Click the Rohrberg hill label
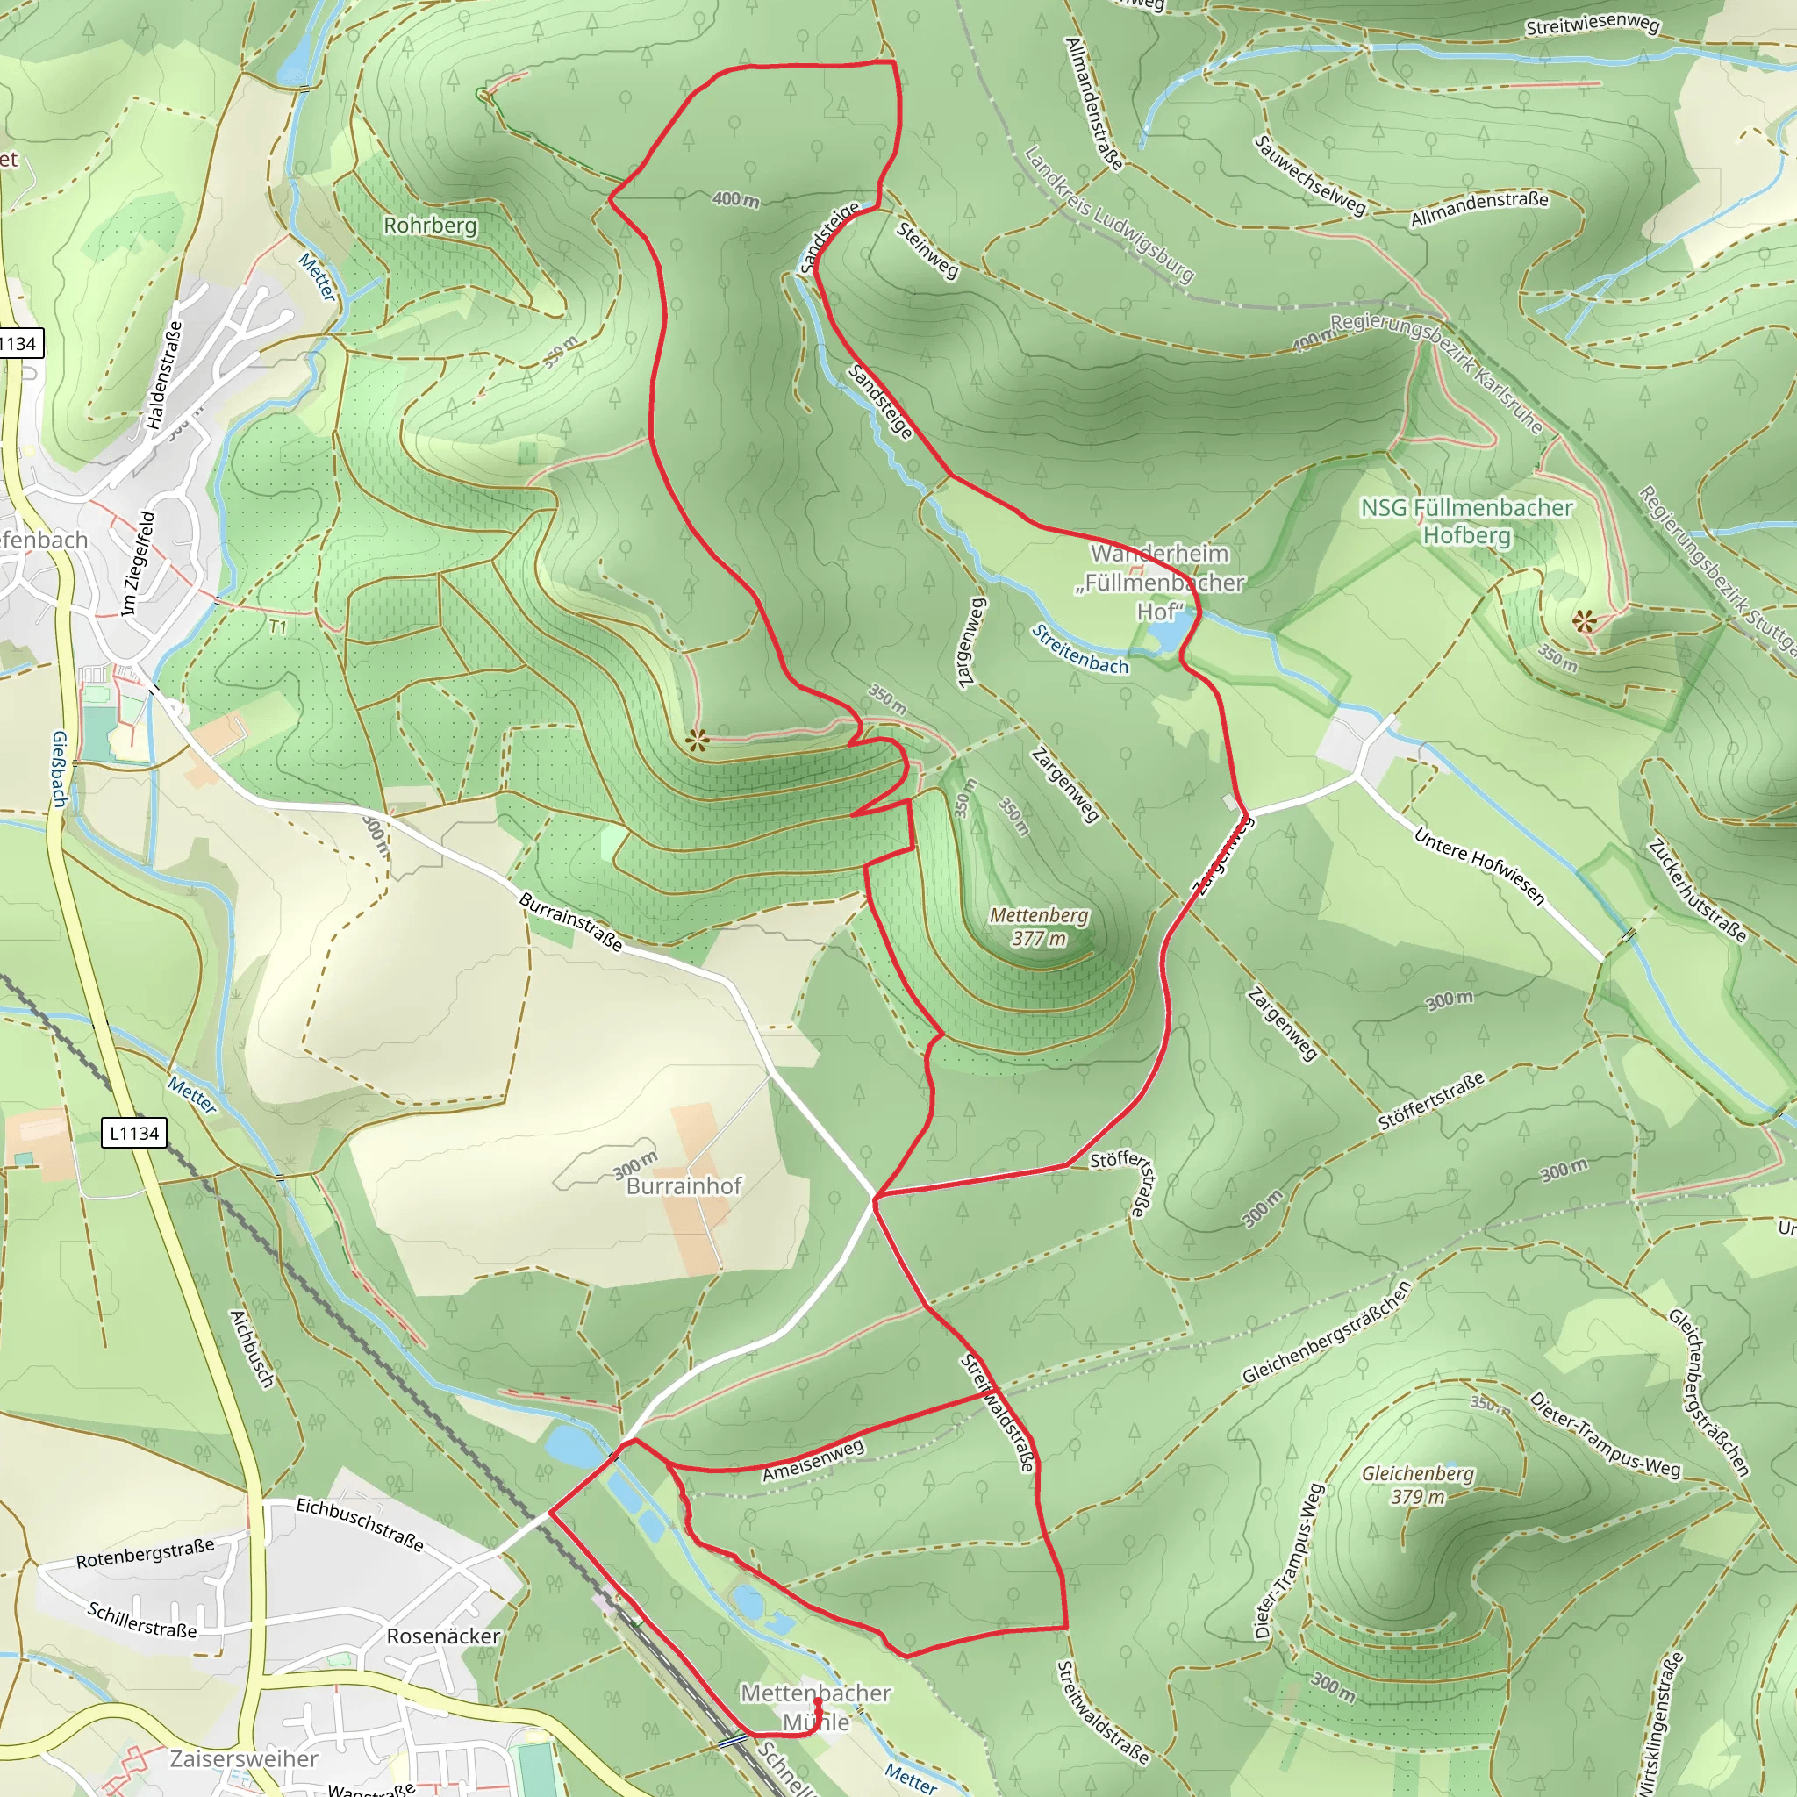(x=430, y=226)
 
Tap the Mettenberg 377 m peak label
(x=1038, y=927)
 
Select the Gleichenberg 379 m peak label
(x=1418, y=1485)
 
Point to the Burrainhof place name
(x=684, y=1186)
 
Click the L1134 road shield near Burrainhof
(x=134, y=1133)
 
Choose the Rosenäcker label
(x=444, y=1636)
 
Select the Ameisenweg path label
(x=813, y=1460)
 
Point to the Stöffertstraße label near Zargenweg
(x=1430, y=1101)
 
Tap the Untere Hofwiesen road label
(x=1478, y=866)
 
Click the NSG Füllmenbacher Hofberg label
(x=1467, y=521)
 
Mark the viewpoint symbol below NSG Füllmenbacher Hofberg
(x=1584, y=620)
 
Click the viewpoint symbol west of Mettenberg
(x=697, y=741)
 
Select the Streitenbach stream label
(x=1080, y=650)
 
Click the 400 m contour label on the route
(x=734, y=199)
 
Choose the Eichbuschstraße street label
(x=360, y=1524)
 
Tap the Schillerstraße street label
(x=142, y=1620)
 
